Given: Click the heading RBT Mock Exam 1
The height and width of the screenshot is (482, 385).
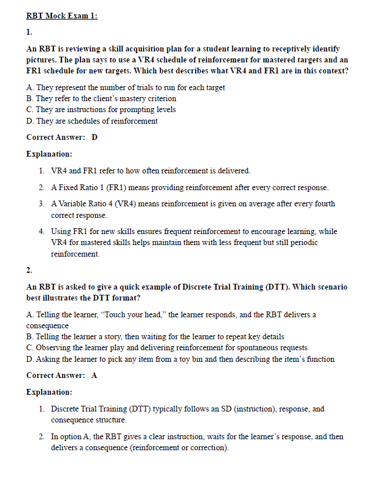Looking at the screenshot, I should coord(62,16).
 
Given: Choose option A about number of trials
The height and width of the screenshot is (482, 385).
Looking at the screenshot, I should coord(126,87).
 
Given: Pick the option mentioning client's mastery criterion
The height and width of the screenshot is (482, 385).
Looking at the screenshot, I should coord(101,98).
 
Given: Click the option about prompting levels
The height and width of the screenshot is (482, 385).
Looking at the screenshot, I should coord(101,109).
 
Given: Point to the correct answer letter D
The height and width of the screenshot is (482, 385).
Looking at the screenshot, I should coord(94,137).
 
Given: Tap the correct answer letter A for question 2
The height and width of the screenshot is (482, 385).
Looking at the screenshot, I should coord(94,375).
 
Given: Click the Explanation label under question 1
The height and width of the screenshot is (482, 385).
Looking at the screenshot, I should coord(50,154).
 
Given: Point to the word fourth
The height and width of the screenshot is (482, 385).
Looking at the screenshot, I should coord(322,203).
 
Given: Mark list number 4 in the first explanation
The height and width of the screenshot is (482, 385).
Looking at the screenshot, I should coord(42,231).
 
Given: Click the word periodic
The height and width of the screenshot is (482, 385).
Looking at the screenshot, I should coord(302,242).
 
